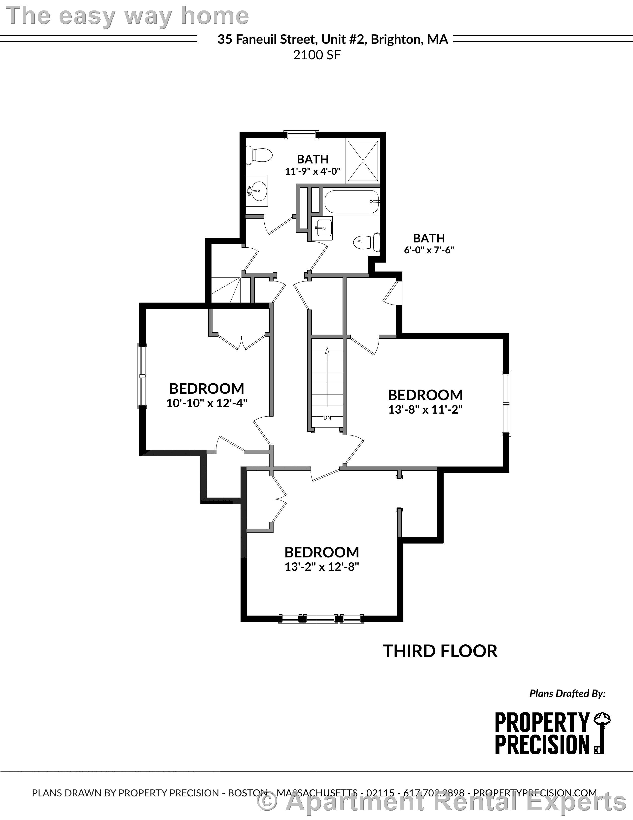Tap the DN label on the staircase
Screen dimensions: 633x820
click(x=327, y=418)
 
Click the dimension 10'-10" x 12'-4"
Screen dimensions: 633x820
click(x=207, y=403)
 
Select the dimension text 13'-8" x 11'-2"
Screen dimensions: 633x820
click(x=425, y=409)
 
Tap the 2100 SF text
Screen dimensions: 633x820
click(x=317, y=55)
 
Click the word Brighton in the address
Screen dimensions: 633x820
click(x=394, y=39)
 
